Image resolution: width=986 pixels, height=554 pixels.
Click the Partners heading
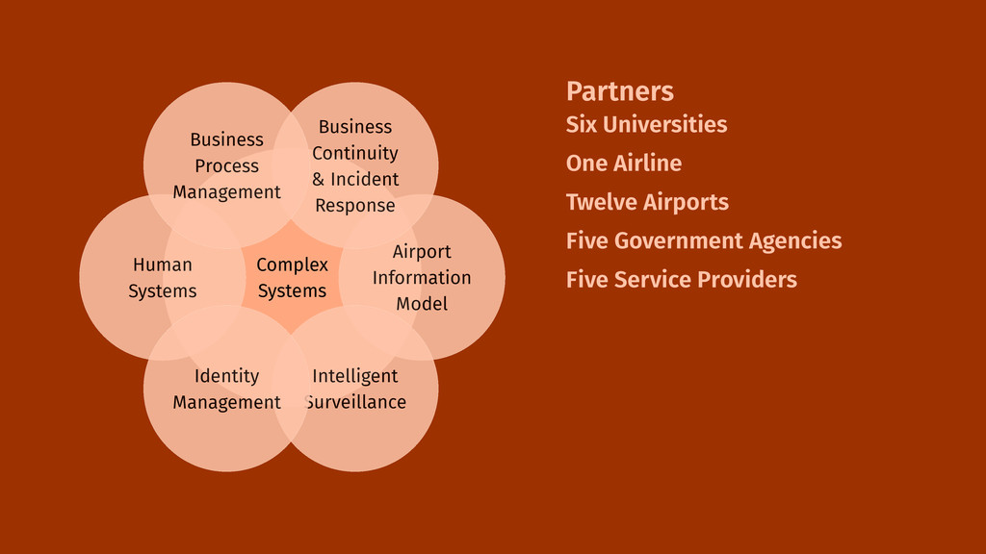(619, 91)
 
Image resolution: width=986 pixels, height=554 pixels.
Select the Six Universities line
(646, 124)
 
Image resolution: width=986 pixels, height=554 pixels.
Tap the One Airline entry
(623, 164)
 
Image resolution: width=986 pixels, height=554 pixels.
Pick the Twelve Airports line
(647, 203)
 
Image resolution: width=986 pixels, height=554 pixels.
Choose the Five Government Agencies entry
(703, 241)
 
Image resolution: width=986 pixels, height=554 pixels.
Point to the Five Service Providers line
(681, 280)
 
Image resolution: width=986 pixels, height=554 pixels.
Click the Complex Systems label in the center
(292, 278)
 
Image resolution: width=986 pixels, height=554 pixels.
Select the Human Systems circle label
(163, 278)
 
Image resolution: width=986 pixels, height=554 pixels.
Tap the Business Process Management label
(226, 166)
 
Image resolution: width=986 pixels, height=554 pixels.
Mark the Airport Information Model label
(422, 278)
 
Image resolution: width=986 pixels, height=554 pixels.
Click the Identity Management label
(226, 389)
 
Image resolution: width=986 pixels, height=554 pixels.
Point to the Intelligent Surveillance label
(355, 389)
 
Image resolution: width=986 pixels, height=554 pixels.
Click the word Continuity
(355, 153)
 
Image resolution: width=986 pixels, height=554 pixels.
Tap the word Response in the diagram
(355, 206)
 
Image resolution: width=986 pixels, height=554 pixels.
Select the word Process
(226, 166)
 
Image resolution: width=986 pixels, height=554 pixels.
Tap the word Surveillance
(355, 402)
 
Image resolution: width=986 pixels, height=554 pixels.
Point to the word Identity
(226, 376)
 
